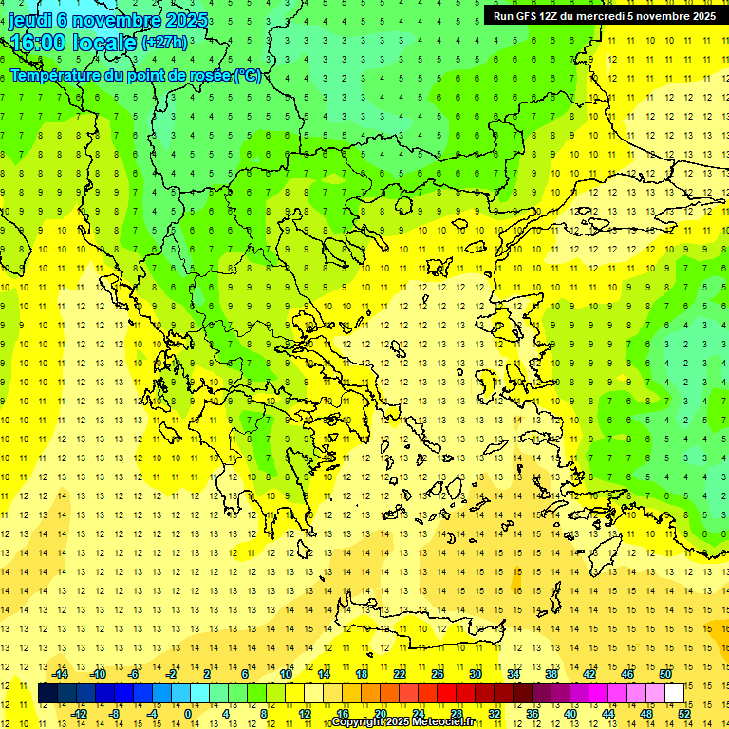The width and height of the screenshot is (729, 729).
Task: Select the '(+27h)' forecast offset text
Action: pos(164,43)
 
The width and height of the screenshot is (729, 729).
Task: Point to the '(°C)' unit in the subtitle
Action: pos(248,75)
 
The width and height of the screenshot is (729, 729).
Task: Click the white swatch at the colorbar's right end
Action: pos(674,694)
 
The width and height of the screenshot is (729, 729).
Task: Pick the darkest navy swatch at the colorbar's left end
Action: pos(47,694)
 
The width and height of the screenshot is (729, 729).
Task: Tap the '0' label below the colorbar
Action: pos(187,714)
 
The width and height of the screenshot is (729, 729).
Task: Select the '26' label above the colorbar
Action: pos(437,674)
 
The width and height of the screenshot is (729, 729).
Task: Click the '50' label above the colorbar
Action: pos(664,674)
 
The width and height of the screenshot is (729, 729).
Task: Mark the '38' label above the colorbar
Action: pos(551,674)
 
